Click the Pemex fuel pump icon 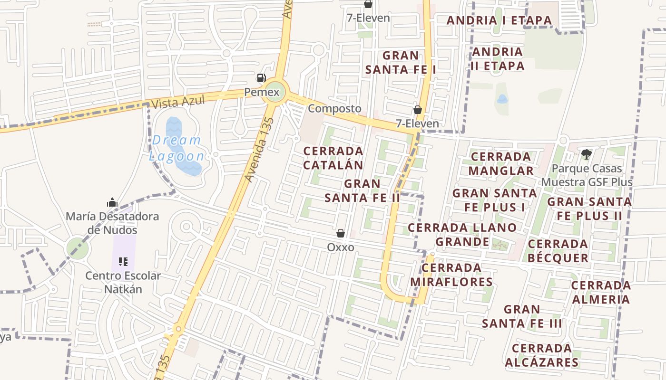pos(261,78)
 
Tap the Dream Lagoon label pos(177,148)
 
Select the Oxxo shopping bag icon pos(341,233)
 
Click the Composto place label pos(334,108)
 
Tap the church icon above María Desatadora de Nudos pos(112,202)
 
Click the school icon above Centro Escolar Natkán pos(124,262)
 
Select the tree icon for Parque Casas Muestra pos(586,154)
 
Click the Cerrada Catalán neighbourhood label pos(333,158)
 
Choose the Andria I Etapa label pos(499,20)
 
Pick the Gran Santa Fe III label pos(522,317)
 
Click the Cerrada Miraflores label pos(451,275)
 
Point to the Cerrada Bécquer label pos(558,251)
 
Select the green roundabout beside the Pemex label pos(275,92)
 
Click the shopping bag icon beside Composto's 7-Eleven pos(418,110)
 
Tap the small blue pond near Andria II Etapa pos(502,99)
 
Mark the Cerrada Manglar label pos(500,163)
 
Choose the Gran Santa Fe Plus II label pos(589,209)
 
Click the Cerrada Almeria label pos(601,292)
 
